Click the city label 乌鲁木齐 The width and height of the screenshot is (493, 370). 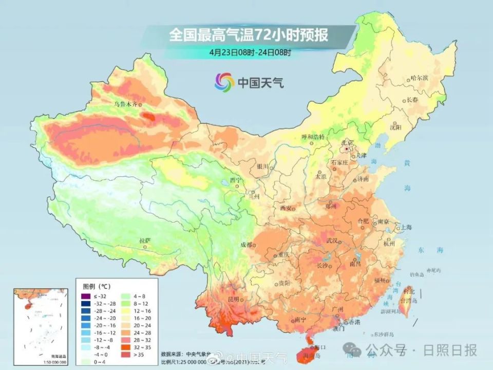click(126, 104)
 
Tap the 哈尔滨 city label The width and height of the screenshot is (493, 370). click(419, 78)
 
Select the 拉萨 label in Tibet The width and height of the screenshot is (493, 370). click(145, 240)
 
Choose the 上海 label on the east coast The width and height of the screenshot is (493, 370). click(407, 227)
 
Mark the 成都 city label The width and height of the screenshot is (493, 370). click(246, 245)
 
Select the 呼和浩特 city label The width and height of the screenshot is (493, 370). click(313, 137)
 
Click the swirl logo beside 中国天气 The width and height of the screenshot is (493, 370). click(224, 81)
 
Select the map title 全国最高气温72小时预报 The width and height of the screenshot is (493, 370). click(249, 36)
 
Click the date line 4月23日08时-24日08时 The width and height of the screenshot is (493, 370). click(250, 52)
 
